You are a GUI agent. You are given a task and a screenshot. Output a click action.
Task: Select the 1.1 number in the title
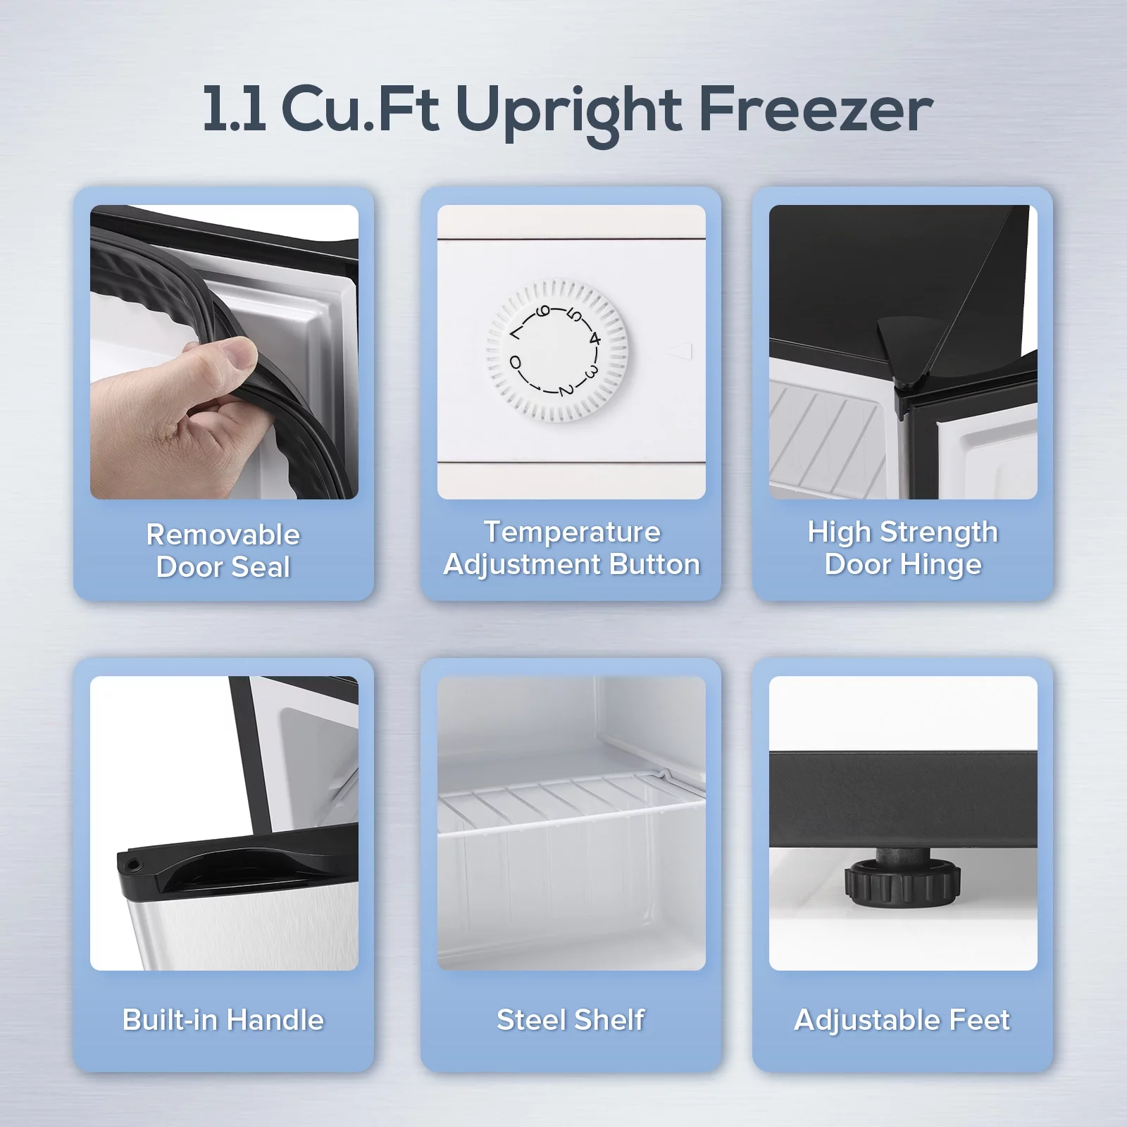(234, 109)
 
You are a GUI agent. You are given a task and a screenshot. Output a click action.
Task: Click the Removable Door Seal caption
(223, 551)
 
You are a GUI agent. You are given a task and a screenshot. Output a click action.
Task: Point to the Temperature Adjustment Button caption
(571, 548)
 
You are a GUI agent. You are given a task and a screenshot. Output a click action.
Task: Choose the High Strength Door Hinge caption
(903, 548)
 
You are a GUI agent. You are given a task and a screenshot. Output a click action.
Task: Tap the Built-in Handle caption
(223, 1020)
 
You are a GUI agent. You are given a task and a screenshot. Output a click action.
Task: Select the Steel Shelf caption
(571, 1020)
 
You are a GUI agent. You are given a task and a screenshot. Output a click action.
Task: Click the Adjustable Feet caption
(902, 1021)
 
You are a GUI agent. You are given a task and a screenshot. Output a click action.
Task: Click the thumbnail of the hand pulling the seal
(224, 352)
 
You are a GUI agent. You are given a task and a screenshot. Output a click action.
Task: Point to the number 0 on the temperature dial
(516, 363)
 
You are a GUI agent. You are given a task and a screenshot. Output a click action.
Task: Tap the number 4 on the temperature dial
(594, 339)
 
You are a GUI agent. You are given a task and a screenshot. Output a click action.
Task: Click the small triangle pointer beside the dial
(680, 351)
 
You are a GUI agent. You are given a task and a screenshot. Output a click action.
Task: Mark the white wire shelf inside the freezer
(571, 803)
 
